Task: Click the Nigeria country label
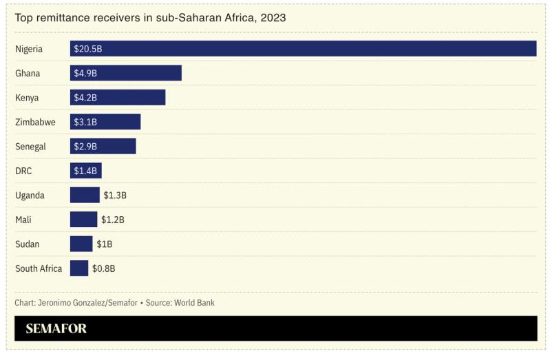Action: click(x=29, y=49)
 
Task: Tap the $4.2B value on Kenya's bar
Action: click(x=85, y=98)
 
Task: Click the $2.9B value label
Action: click(x=85, y=147)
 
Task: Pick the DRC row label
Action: click(x=23, y=171)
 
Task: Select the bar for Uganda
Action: click(x=84, y=195)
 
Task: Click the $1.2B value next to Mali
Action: click(x=112, y=220)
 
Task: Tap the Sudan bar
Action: click(x=81, y=244)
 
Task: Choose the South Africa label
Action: click(x=39, y=268)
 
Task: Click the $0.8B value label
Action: click(x=103, y=268)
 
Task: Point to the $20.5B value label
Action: click(x=88, y=49)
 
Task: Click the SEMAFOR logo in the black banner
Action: click(x=56, y=328)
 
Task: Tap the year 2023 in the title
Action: click(x=272, y=18)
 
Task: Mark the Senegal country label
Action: click(x=30, y=147)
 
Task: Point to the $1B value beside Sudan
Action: click(x=104, y=244)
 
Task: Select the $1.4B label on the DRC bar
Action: click(x=85, y=171)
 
